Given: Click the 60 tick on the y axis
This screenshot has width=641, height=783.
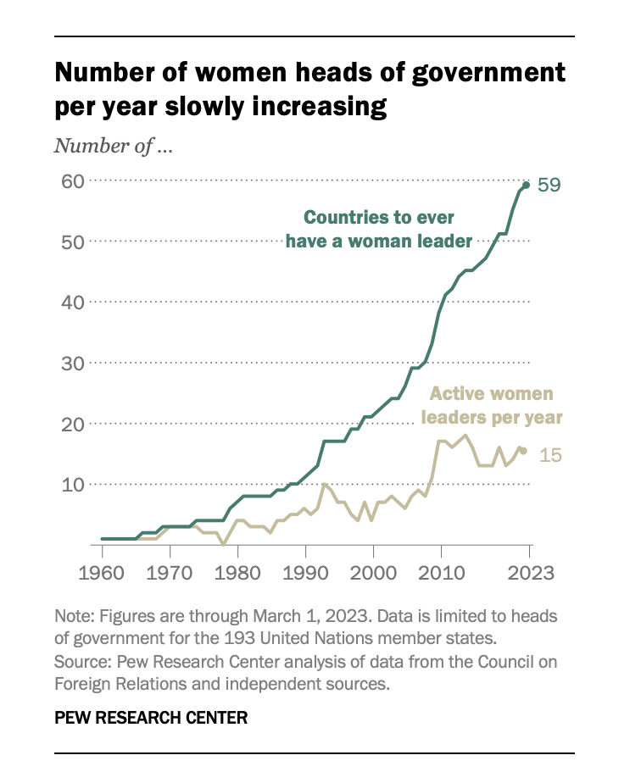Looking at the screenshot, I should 70,180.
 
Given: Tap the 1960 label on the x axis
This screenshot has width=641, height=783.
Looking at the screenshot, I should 102,573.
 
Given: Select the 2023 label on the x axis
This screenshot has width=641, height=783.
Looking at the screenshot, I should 529,573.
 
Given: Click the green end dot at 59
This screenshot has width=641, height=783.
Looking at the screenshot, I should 526,185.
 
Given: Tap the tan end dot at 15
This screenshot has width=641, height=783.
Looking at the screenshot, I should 523,451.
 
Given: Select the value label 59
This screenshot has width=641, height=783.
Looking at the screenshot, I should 549,185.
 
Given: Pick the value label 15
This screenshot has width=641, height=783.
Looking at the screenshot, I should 550,456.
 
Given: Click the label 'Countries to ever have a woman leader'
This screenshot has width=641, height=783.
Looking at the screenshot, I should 378,229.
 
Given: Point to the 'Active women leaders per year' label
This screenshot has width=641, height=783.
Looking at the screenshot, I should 495,405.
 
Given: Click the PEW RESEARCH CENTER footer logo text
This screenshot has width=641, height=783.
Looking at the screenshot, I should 151,718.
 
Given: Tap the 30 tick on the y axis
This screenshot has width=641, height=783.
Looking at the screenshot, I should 70,363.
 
